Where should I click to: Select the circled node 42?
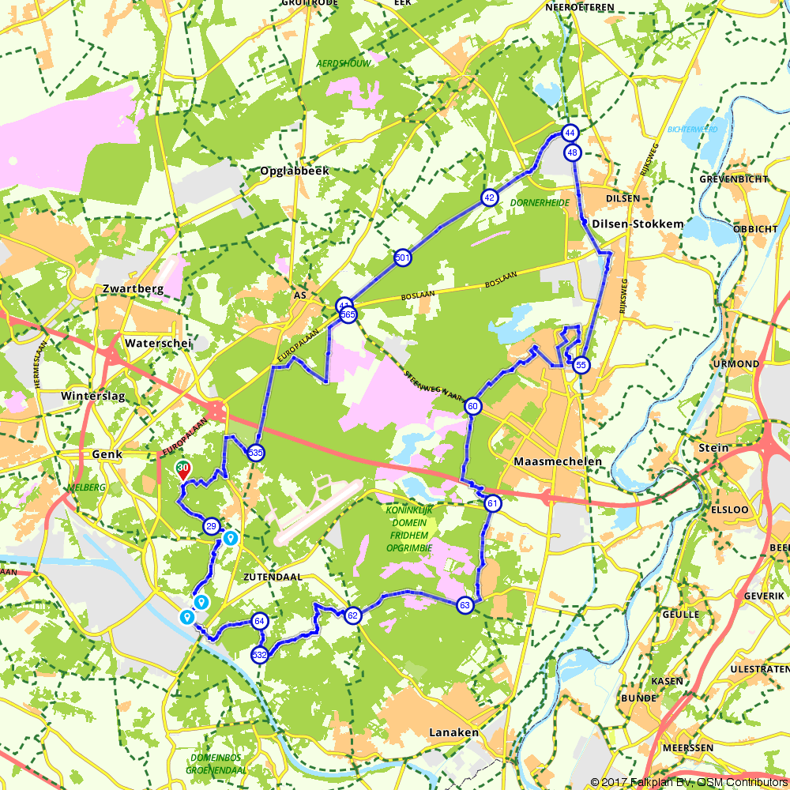click(x=490, y=197)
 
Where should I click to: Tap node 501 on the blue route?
click(x=402, y=258)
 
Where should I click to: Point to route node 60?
click(x=472, y=407)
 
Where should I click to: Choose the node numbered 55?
click(x=581, y=365)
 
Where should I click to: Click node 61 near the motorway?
click(x=493, y=504)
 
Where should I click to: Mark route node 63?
click(x=465, y=605)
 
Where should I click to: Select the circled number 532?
click(x=259, y=655)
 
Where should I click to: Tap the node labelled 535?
click(x=254, y=453)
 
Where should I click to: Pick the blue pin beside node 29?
click(x=230, y=538)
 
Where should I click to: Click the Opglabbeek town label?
click(x=294, y=171)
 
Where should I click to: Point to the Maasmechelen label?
click(x=558, y=461)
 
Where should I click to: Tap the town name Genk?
click(x=107, y=454)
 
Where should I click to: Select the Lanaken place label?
click(x=453, y=732)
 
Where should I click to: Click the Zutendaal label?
click(x=273, y=577)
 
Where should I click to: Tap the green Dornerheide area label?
click(x=540, y=203)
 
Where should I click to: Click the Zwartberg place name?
click(x=133, y=289)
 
